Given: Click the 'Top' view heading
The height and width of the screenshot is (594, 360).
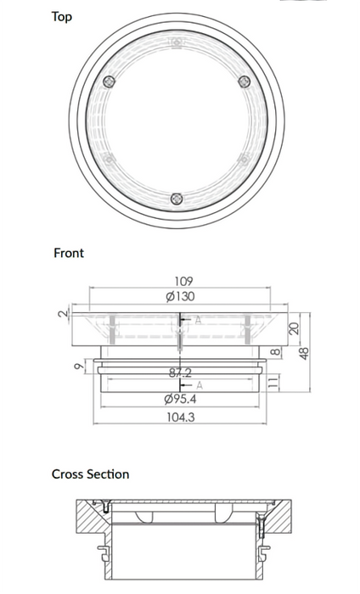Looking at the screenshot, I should coord(62,16).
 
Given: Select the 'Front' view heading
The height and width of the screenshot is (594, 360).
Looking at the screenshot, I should coord(69,253).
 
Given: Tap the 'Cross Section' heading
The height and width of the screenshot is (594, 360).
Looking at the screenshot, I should coord(90,474).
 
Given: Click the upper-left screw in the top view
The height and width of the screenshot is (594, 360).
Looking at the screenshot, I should coord(109,81).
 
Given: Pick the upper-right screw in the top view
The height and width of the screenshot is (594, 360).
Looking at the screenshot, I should coord(245,81).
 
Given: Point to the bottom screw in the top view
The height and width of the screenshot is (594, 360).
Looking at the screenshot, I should coord(177,199).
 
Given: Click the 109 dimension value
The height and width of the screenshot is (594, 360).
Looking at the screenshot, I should coord(184,281).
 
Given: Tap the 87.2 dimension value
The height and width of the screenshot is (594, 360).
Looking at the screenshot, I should coord(179,372).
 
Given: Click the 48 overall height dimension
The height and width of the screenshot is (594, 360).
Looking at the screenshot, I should coord(304,351).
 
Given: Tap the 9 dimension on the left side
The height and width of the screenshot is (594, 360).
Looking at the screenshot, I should coord(79,367).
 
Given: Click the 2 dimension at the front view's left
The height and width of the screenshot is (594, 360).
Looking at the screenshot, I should coord(61,315).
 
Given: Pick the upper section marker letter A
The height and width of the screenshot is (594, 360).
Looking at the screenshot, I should coord(198,320).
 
